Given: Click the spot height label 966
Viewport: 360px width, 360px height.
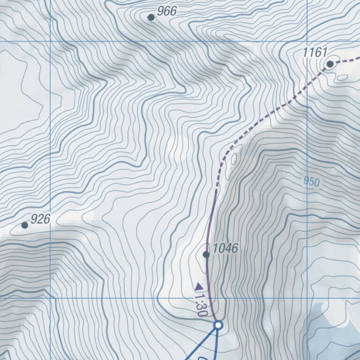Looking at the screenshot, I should (x=167, y=11).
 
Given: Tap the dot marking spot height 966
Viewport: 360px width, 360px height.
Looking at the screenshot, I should (x=151, y=17).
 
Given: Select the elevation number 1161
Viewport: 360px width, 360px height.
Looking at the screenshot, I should (x=315, y=52).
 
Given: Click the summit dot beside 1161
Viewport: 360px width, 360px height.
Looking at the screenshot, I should (x=330, y=64).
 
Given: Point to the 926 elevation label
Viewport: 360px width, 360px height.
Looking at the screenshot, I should (x=40, y=219).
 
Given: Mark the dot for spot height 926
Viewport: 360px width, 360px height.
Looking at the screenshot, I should (x=25, y=225).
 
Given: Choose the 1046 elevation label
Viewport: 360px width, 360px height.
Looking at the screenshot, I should (x=225, y=248).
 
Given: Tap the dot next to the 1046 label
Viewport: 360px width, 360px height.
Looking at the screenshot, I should (x=206, y=255).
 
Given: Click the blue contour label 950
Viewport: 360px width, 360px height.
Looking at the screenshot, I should (x=311, y=182).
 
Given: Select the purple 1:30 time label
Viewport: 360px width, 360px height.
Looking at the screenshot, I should (x=201, y=305).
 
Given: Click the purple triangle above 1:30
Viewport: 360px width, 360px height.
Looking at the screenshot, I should (x=199, y=286).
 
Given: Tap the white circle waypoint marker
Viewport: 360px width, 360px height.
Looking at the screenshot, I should (x=218, y=325).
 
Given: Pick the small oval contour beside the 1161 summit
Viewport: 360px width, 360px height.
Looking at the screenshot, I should (x=343, y=77).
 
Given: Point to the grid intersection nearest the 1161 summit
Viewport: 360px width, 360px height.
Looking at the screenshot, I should (x=307, y=41).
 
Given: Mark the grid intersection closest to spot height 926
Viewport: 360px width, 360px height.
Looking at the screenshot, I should (x=50, y=297).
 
